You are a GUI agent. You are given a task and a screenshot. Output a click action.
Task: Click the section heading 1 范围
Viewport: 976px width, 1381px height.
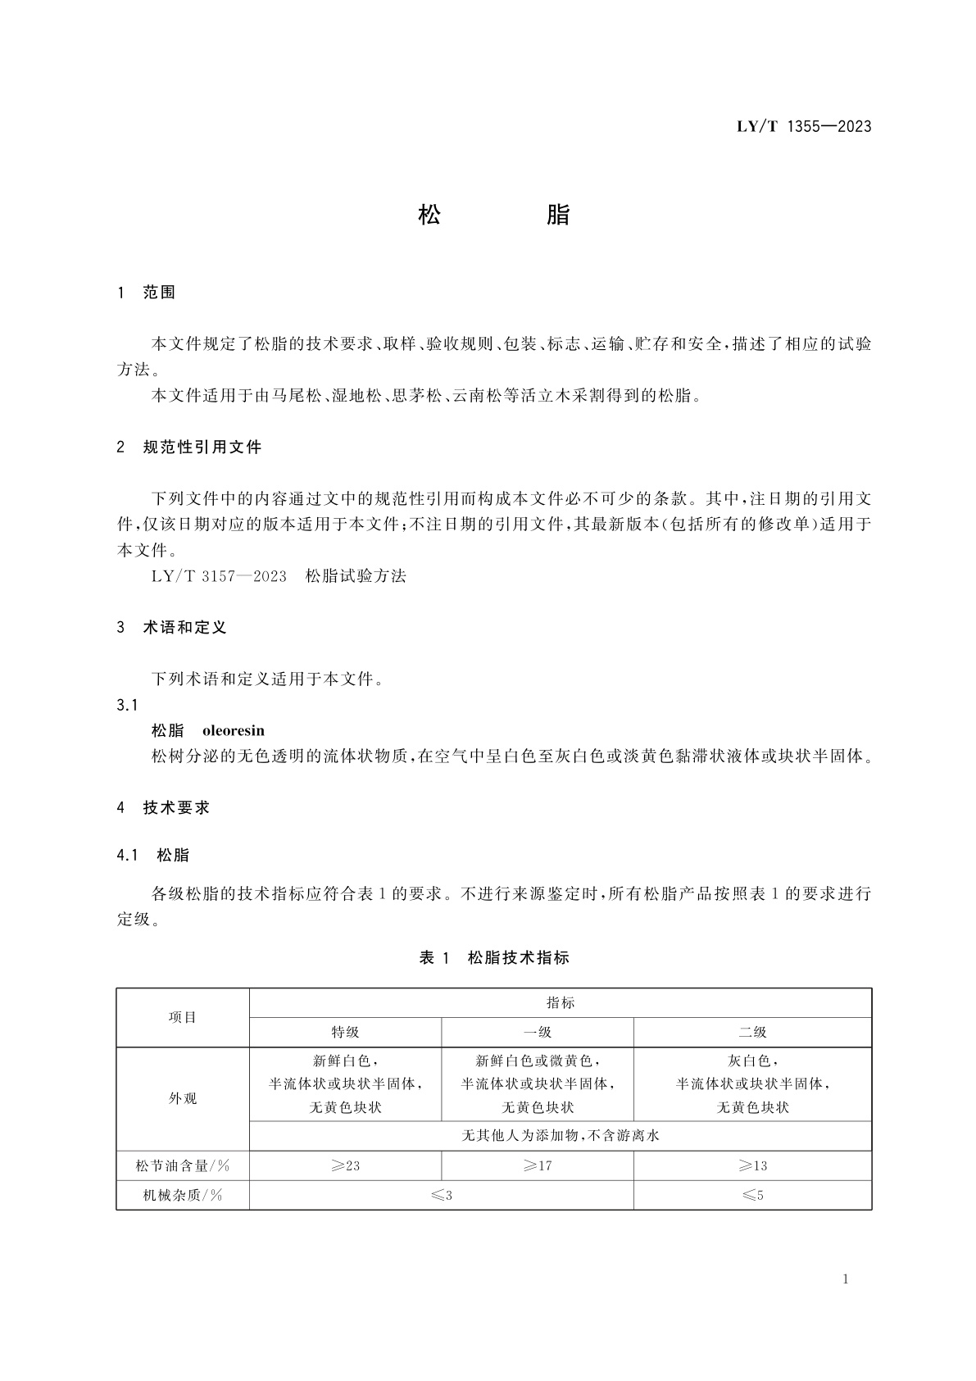(x=148, y=293)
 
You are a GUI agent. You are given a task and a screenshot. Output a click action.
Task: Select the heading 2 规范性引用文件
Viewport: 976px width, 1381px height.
(x=189, y=447)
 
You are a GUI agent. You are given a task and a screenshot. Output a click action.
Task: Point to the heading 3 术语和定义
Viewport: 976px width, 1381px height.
(x=172, y=628)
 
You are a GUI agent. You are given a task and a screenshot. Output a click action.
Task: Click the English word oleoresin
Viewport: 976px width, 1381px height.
(x=234, y=730)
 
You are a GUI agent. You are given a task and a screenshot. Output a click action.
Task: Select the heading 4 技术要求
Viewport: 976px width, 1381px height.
(x=164, y=808)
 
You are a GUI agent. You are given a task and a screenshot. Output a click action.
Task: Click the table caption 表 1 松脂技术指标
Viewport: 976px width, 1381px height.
(x=493, y=957)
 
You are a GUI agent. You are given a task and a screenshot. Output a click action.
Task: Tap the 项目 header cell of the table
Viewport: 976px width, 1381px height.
(x=183, y=1017)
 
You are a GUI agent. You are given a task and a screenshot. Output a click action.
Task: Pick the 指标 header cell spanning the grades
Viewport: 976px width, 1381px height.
(x=561, y=1002)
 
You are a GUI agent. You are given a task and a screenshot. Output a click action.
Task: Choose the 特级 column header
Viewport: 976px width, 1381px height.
(x=345, y=1032)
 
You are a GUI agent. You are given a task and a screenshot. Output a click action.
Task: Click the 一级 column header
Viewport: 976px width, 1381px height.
(x=538, y=1032)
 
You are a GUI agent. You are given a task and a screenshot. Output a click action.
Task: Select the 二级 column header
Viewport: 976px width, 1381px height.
(x=752, y=1032)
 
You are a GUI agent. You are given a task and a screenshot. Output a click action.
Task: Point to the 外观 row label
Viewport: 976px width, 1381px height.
(x=183, y=1098)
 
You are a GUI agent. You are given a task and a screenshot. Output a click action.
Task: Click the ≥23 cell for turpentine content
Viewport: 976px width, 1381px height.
(x=345, y=1165)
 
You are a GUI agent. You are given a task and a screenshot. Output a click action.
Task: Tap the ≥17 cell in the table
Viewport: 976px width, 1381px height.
(x=538, y=1165)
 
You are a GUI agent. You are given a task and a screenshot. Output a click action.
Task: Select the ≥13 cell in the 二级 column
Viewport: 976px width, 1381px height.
(x=752, y=1165)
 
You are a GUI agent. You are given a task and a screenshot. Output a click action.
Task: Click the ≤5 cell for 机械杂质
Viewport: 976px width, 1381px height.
(x=752, y=1195)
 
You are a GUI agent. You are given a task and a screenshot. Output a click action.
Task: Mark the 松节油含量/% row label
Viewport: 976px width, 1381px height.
(x=183, y=1165)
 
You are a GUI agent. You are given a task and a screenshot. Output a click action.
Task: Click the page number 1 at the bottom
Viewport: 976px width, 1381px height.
(x=845, y=1279)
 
